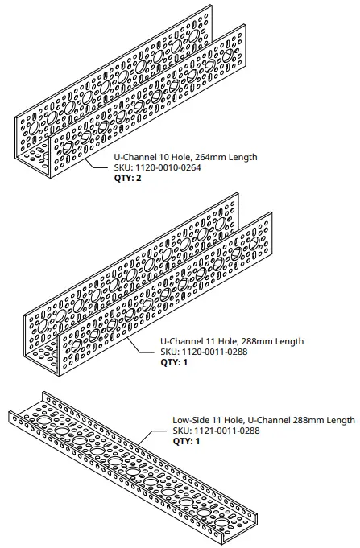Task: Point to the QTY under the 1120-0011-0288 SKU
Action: point(173,362)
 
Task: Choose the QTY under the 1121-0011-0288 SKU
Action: point(186,441)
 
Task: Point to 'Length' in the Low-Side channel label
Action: point(338,420)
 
